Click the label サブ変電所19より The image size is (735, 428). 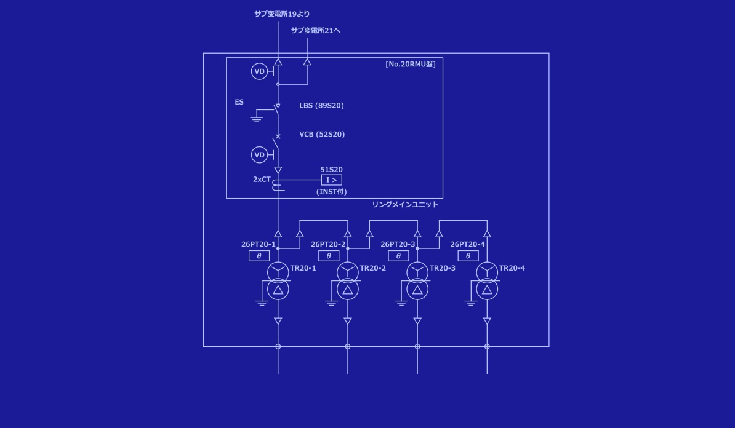(282, 14)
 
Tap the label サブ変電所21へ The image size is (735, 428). (315, 30)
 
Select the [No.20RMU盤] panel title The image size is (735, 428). (410, 64)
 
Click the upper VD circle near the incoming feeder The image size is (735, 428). (260, 72)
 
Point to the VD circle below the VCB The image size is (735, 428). (260, 155)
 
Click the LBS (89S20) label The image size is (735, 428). (321, 105)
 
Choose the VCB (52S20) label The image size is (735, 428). (322, 134)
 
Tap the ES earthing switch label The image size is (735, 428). (239, 102)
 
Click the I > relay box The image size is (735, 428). (331, 180)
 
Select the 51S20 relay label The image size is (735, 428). (331, 169)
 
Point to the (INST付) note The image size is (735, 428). (331, 191)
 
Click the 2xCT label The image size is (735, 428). (262, 179)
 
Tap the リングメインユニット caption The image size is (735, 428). (405, 204)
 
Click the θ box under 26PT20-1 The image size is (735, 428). (259, 256)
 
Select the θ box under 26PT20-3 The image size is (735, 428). (398, 256)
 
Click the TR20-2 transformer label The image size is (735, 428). (372, 268)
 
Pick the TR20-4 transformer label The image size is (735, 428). (512, 268)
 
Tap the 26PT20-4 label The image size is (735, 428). (467, 244)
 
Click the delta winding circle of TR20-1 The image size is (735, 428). (278, 290)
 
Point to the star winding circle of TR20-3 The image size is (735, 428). (417, 271)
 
